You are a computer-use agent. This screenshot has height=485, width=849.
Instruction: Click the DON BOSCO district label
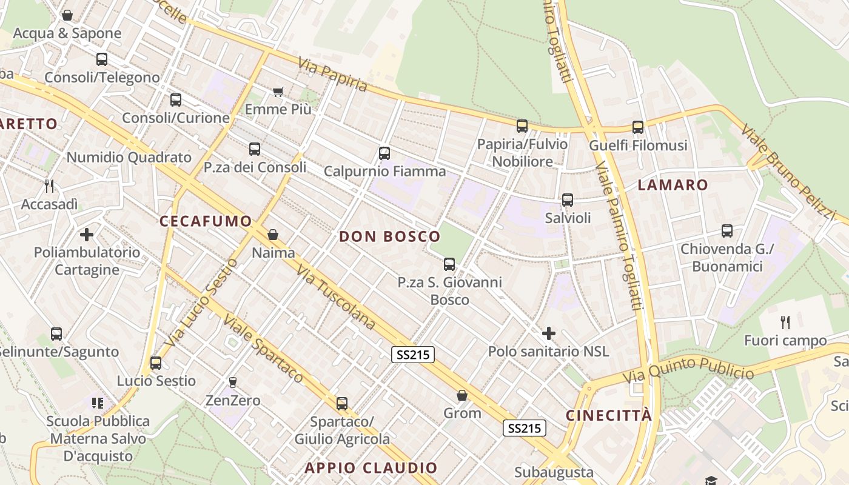pyautogui.click(x=389, y=237)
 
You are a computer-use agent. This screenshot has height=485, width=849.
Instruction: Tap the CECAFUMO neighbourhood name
pyautogui.click(x=206, y=221)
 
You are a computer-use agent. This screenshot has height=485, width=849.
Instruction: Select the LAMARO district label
pyautogui.click(x=673, y=186)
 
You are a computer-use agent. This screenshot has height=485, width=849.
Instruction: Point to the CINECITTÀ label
pyautogui.click(x=609, y=415)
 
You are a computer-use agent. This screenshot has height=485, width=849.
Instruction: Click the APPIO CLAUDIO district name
pyautogui.click(x=371, y=468)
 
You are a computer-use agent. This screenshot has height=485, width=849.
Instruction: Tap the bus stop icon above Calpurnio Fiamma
pyautogui.click(x=384, y=153)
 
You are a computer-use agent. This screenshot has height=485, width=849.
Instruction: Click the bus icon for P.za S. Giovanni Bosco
pyautogui.click(x=449, y=264)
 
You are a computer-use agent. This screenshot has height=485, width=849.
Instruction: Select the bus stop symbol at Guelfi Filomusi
pyautogui.click(x=638, y=127)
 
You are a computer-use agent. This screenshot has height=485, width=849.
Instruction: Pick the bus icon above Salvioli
pyautogui.click(x=568, y=200)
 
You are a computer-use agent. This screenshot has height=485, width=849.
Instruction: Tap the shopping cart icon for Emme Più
pyautogui.click(x=278, y=92)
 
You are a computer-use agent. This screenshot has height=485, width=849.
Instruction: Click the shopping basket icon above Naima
pyautogui.click(x=273, y=235)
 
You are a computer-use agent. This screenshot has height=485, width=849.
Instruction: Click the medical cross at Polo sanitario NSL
pyautogui.click(x=549, y=333)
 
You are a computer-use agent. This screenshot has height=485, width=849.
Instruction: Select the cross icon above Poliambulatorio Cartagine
pyautogui.click(x=87, y=234)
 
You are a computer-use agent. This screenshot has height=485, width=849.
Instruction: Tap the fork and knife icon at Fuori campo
pyautogui.click(x=785, y=322)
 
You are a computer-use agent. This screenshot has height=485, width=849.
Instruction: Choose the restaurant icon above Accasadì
pyautogui.click(x=49, y=186)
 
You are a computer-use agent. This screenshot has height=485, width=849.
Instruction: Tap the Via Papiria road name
pyautogui.click(x=332, y=75)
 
